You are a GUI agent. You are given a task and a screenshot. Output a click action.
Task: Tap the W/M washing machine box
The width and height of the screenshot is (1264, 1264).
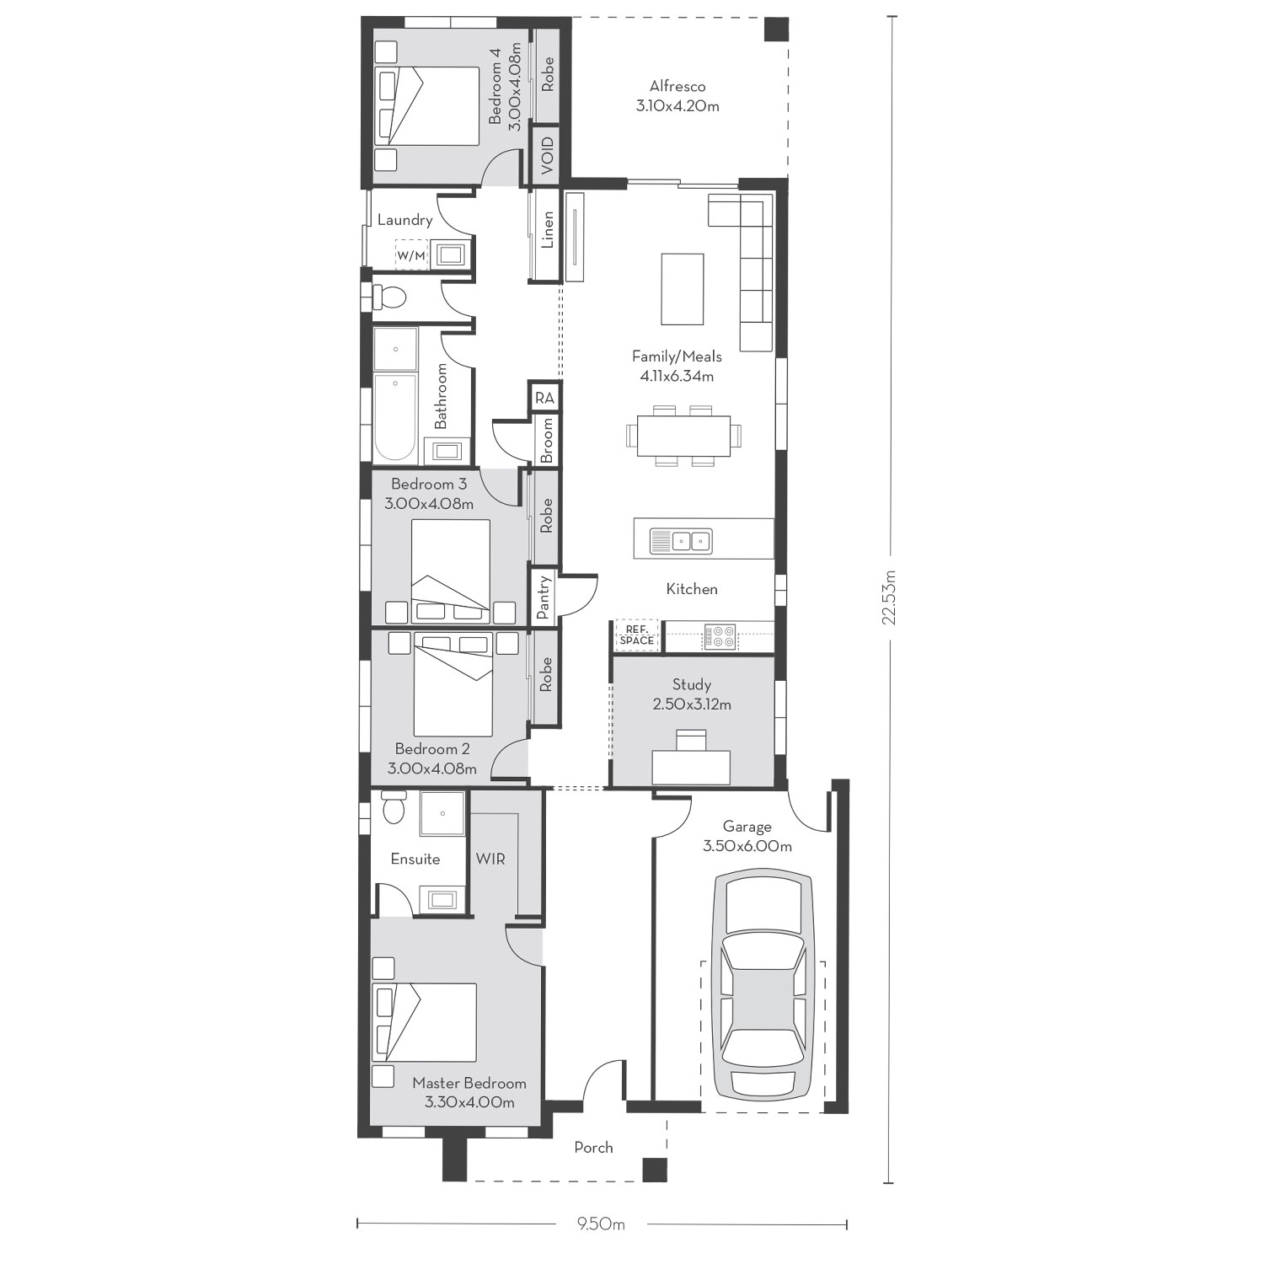(x=411, y=254)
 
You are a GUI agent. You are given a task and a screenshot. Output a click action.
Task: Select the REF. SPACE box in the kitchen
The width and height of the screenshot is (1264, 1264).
(x=636, y=636)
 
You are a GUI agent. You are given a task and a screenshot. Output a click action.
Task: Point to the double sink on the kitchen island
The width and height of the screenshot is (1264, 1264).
(x=681, y=540)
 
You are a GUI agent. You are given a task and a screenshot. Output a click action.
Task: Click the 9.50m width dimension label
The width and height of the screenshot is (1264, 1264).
(x=602, y=1224)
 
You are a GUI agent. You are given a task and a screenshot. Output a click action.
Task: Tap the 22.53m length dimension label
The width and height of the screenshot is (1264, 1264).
(x=889, y=597)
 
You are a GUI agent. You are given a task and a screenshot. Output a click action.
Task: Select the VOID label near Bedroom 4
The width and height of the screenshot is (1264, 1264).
(x=548, y=156)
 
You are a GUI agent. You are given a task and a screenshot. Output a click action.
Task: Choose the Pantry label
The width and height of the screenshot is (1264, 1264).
(x=544, y=598)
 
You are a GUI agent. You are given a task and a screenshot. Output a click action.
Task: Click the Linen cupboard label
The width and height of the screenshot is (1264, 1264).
(x=548, y=229)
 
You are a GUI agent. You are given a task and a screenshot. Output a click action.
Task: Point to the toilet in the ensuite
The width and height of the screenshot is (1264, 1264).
(x=394, y=807)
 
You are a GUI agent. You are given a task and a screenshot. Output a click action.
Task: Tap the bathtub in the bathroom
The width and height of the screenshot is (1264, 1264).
(x=395, y=418)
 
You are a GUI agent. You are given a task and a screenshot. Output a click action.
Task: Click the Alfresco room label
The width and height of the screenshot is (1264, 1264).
(x=678, y=96)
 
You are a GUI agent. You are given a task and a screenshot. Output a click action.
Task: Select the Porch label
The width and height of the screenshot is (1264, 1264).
(x=594, y=1148)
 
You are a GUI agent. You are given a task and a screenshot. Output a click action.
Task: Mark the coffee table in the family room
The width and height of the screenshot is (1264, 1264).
(x=683, y=289)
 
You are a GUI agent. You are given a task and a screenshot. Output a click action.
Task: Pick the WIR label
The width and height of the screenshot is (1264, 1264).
(x=490, y=859)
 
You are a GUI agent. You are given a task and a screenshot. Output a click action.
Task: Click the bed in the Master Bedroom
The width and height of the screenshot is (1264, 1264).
(x=426, y=1022)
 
